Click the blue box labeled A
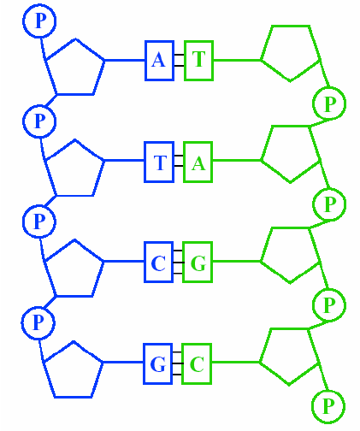[x=159, y=60]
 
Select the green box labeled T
[x=198, y=60]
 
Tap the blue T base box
[x=159, y=162]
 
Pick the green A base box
[x=198, y=162]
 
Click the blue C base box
[x=158, y=263]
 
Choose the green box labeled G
[x=198, y=263]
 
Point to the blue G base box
[x=158, y=365]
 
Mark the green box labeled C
[x=197, y=365]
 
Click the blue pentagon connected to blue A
[x=74, y=66]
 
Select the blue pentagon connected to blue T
[x=74, y=168]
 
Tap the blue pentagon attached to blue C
[x=74, y=269]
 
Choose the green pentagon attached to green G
[x=289, y=255]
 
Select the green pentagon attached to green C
[x=289, y=357]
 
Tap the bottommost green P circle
[x=327, y=405]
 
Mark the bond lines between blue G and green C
[x=177, y=365]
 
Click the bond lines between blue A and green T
[x=179, y=60]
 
